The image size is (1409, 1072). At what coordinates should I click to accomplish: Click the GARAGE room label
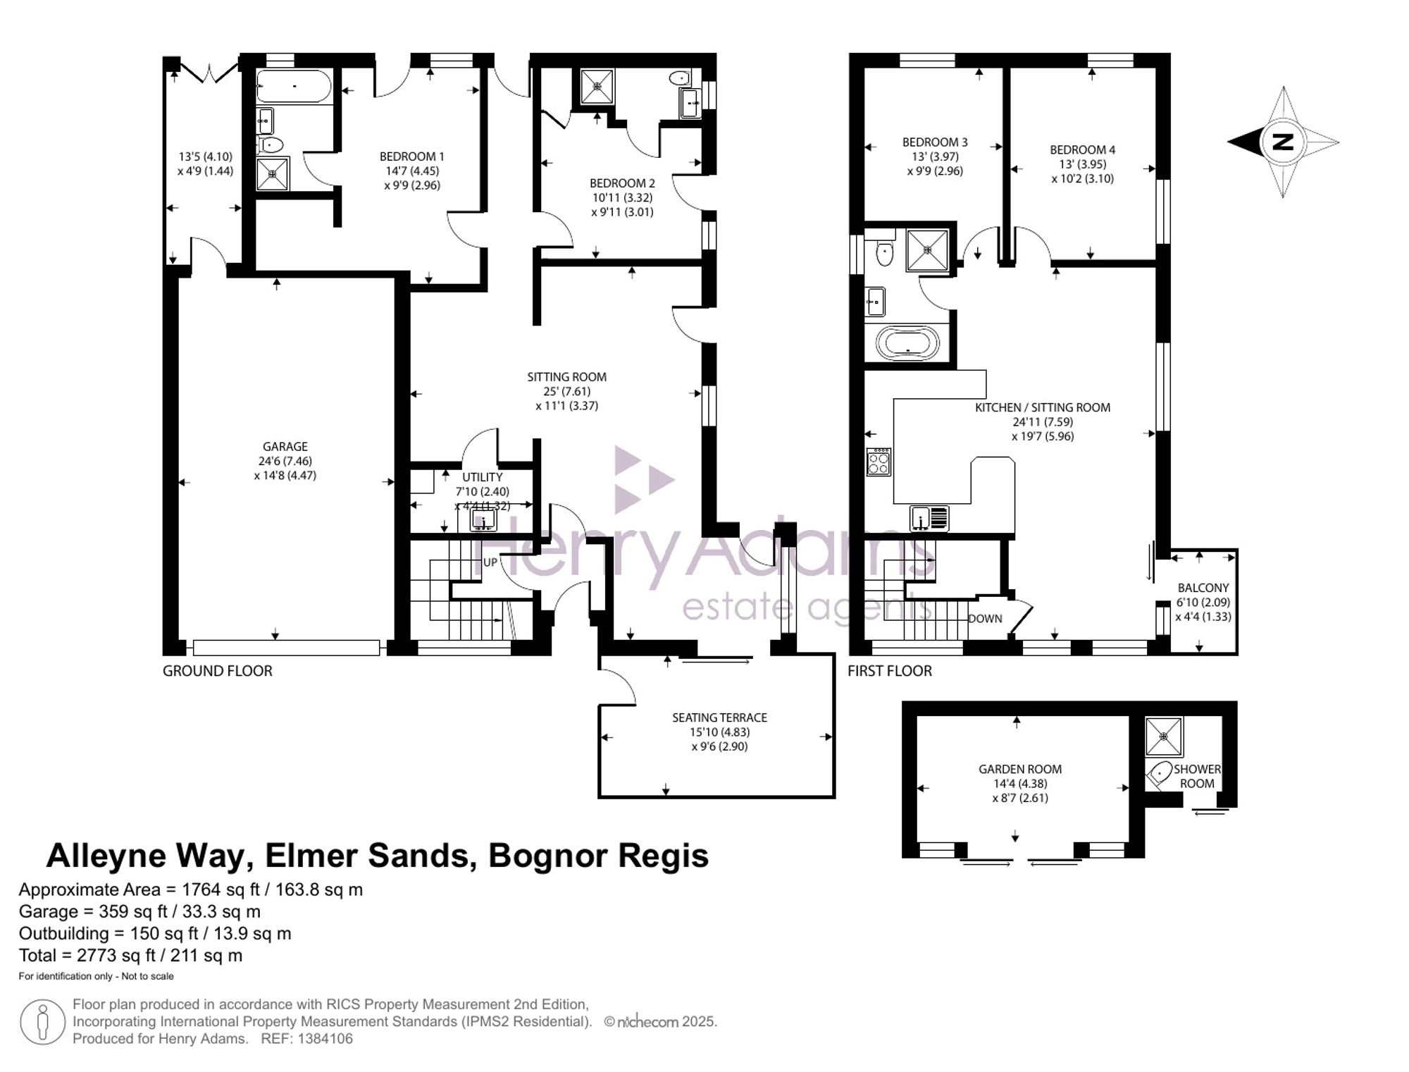click(x=285, y=446)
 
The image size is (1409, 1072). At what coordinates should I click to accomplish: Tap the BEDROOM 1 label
click(x=411, y=156)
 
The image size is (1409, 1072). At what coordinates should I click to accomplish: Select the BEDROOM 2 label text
click(x=622, y=183)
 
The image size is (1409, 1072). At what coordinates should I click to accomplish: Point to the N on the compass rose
click(x=1283, y=142)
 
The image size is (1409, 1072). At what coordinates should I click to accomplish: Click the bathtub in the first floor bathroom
click(x=907, y=344)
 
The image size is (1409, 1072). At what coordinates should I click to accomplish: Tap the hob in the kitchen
click(x=879, y=461)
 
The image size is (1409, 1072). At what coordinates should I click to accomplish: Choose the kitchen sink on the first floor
click(x=929, y=518)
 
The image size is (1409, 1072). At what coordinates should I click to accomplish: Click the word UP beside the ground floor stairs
click(x=490, y=562)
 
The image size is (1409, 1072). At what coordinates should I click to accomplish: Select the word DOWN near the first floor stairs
click(x=985, y=619)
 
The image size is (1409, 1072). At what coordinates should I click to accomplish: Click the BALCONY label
click(x=1203, y=588)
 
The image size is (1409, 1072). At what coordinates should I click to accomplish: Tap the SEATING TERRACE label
click(x=719, y=717)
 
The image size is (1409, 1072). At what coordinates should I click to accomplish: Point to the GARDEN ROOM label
click(x=1020, y=769)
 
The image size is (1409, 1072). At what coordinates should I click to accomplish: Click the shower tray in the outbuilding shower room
click(x=1164, y=736)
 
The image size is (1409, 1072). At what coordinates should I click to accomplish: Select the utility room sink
click(x=483, y=520)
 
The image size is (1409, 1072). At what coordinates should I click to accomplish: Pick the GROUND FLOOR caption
click(x=217, y=671)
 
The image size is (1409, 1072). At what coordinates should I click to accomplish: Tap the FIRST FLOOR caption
click(x=890, y=671)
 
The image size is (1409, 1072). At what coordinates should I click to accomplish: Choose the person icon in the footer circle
click(x=43, y=1023)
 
